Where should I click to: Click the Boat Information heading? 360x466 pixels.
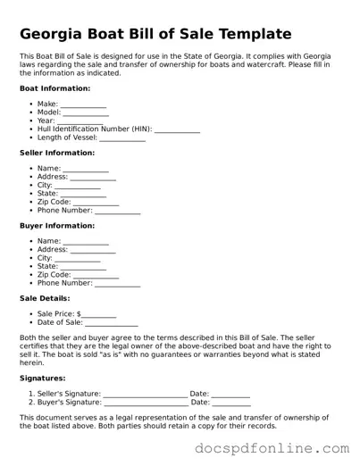pos(54,88)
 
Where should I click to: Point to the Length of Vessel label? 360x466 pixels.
pos(67,137)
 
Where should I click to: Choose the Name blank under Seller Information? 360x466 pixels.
pos(86,170)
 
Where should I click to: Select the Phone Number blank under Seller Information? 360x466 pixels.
pos(118,211)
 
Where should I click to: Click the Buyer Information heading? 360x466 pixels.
pos(55,226)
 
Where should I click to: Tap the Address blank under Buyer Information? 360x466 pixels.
pos(93,251)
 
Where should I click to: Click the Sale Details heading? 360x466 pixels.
pos(44,298)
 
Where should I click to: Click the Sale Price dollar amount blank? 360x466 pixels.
pos(99,315)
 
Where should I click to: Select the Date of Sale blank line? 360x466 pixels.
pos(112,323)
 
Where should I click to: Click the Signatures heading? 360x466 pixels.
pos(41,378)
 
